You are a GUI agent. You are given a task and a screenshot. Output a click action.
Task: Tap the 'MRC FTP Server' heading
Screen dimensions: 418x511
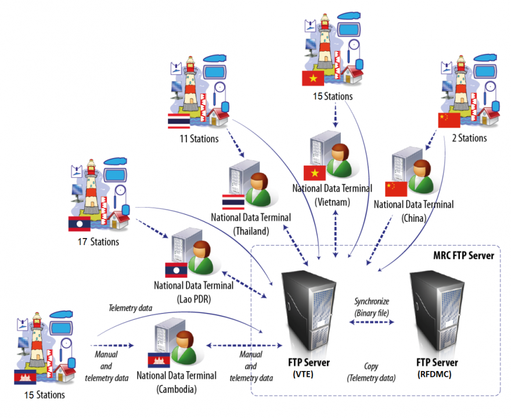point(463,255)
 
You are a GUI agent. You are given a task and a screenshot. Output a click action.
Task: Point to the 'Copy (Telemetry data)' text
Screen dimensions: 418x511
point(372,373)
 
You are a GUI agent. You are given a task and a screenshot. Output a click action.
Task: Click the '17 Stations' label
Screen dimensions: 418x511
point(98,242)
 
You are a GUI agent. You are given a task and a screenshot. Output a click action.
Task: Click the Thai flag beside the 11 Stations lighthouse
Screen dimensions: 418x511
point(178,121)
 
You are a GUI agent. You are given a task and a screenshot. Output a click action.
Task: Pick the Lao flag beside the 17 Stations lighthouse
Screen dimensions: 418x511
point(79,224)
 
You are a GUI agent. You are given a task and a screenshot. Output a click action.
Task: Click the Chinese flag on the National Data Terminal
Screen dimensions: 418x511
point(397,189)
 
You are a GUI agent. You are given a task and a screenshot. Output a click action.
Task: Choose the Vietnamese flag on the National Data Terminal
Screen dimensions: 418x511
point(315,172)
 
